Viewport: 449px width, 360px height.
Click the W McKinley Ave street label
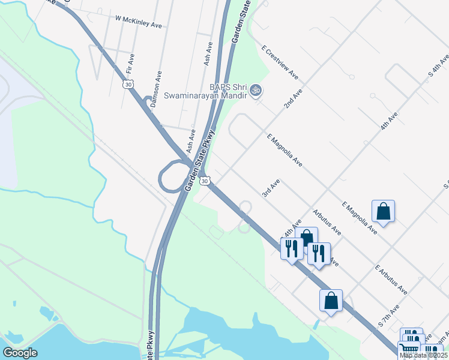coord(140,22)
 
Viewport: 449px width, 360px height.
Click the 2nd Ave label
coord(293,96)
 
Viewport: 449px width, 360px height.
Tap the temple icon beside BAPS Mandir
coord(256,91)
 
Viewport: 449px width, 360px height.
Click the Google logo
coord(20,352)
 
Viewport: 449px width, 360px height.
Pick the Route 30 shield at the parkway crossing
coord(205,180)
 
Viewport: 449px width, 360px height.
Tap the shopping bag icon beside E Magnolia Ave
coord(383,211)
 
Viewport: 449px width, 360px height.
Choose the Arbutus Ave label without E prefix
coord(327,223)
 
